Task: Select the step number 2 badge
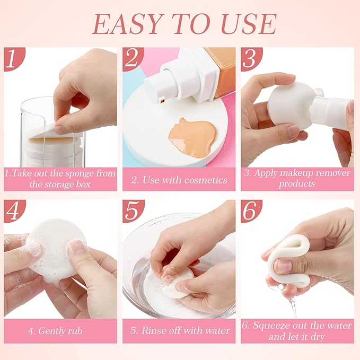pos(132,59)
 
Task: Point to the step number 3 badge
pos(250,59)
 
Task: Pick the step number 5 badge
pos(132,212)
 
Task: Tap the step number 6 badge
pos(250,212)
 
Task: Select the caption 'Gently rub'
pos(59,330)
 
